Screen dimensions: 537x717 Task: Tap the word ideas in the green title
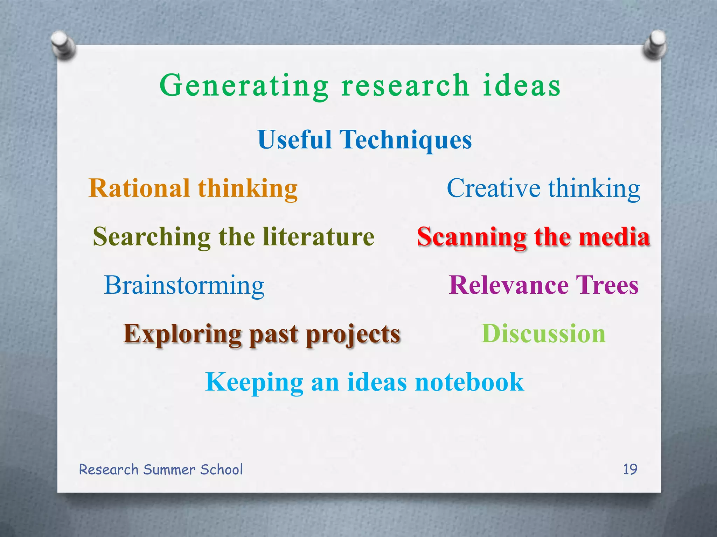click(522, 86)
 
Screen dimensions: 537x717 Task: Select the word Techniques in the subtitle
click(406, 139)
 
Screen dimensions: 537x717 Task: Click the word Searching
click(152, 237)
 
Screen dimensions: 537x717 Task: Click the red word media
click(614, 237)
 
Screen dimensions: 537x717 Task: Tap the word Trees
click(607, 285)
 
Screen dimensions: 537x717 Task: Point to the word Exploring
click(182, 334)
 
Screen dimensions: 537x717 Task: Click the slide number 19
click(630, 469)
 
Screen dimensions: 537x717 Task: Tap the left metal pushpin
click(63, 45)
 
